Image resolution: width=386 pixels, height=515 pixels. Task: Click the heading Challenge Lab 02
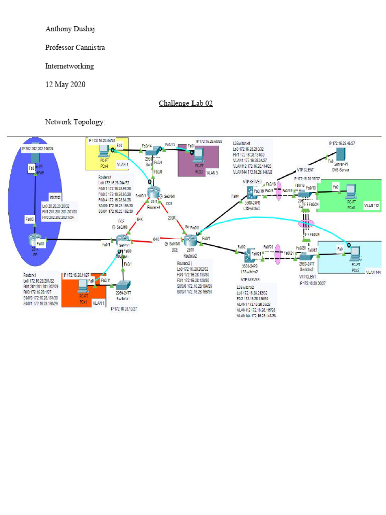pyautogui.click(x=185, y=103)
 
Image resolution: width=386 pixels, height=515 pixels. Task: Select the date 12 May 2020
pyautogui.click(x=65, y=84)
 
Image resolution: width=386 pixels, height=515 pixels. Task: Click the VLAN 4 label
pyautogui.click(x=122, y=164)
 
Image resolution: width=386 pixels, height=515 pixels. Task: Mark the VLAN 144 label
pyautogui.click(x=374, y=272)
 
